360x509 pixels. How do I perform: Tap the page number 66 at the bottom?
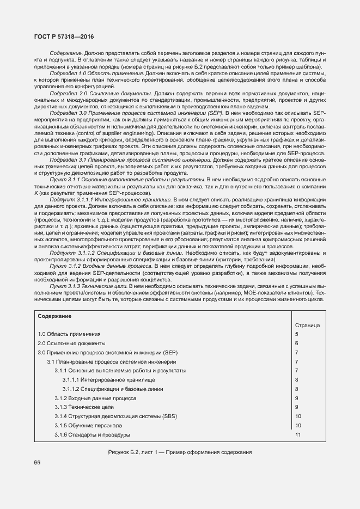tap(37, 462)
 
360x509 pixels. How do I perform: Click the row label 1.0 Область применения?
tap(69, 334)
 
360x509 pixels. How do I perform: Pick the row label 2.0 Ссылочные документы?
tap(71, 343)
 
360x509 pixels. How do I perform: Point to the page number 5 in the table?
tap(297, 334)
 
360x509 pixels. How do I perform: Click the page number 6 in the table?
tap(297, 343)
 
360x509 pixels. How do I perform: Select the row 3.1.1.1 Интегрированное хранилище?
tap(108, 379)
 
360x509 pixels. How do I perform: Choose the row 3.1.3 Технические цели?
tap(84, 407)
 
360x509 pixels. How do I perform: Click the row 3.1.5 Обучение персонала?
tap(88, 425)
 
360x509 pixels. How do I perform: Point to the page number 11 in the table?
tap(298, 434)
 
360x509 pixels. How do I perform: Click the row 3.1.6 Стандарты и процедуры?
tap(92, 434)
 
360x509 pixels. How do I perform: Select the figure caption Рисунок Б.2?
tap(180, 452)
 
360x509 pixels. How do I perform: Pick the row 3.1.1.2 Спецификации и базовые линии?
tap(112, 389)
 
